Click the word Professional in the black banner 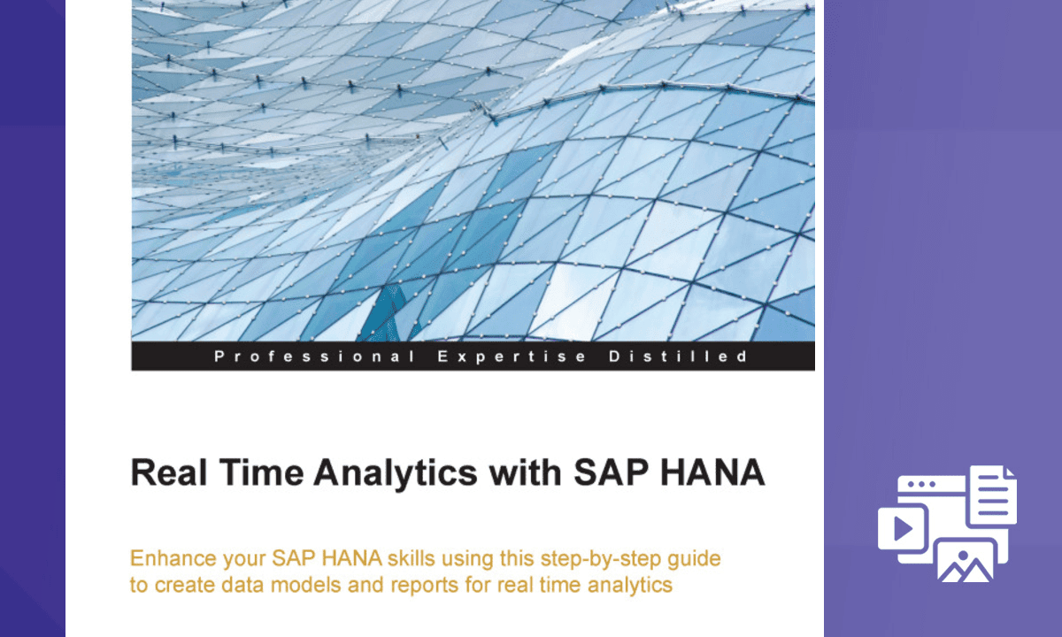314,357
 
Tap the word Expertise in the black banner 512,357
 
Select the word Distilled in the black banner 679,356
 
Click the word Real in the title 169,472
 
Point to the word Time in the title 261,472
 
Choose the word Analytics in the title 396,475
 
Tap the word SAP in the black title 612,472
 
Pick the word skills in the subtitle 411,558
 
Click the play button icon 903,528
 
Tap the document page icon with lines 991,495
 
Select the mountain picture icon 966,561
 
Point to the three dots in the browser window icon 922,485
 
